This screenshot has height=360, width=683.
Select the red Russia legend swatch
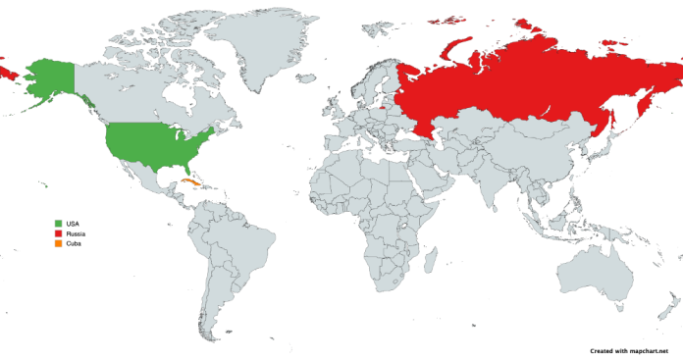click(59, 234)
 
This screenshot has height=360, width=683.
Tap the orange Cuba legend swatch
click(59, 244)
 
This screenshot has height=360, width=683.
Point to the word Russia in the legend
click(76, 234)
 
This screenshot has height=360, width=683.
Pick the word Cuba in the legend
click(74, 244)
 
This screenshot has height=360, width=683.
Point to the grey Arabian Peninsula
click(438, 177)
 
